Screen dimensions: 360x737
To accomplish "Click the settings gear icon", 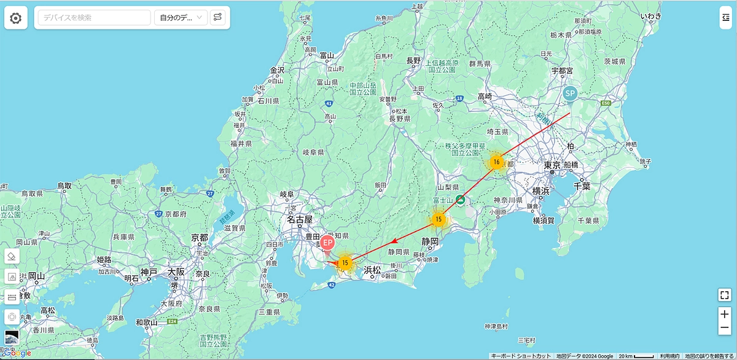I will [x=15, y=18].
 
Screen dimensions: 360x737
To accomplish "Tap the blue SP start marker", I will [x=570, y=94].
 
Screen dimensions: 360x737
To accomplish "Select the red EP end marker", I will [x=327, y=243].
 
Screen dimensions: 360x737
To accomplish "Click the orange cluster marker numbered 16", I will [x=496, y=162].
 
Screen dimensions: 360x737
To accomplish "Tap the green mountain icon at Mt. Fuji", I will [x=460, y=200].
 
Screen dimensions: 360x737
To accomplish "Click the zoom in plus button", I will [x=724, y=314].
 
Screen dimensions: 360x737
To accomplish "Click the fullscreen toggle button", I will [x=724, y=295].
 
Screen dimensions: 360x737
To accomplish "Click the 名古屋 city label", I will [x=300, y=219].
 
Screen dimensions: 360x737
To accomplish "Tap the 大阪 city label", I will [x=172, y=272].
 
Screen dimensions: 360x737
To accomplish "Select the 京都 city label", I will [x=200, y=237].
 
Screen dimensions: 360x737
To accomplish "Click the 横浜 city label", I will [x=540, y=191].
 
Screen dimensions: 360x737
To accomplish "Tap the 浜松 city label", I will [x=373, y=270].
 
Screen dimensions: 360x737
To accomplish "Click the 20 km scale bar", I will [x=637, y=356].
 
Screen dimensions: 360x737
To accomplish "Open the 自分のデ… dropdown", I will [x=181, y=18].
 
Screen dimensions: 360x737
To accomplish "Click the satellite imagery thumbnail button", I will [x=12, y=337].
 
